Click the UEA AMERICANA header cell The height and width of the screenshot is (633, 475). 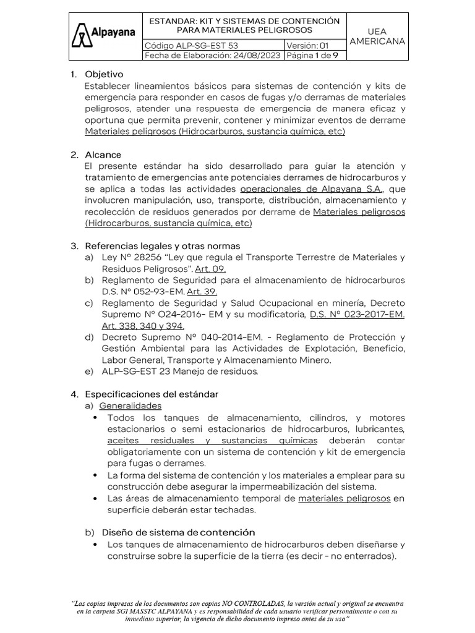click(377, 36)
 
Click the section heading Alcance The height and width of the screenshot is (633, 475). click(103, 154)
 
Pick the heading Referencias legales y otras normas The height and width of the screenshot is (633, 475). click(162, 245)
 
